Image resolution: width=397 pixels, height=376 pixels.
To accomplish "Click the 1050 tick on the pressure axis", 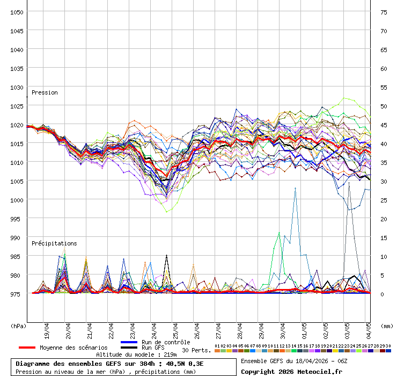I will pos(16,12).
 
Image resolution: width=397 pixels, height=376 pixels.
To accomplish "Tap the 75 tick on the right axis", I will pos(384,12).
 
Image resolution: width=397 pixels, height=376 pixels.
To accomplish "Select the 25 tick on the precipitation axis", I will pos(384,200).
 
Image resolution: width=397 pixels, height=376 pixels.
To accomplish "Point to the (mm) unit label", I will pos(387,326).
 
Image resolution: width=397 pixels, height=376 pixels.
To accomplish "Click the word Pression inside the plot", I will pos(45,92).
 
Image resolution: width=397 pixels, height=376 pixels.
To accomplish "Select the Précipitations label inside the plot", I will pos(54,243).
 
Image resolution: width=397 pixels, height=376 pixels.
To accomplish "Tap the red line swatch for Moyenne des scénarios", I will pos(27,348).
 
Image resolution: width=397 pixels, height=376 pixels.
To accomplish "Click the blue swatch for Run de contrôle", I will pos(129,342).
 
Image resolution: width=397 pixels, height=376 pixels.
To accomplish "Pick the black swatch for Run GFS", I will pos(129,348).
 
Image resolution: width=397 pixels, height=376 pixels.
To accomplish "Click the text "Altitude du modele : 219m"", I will pos(136,355).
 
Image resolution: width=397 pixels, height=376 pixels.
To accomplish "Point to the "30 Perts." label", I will pos(196,350).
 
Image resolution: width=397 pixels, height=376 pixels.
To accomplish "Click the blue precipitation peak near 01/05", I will pos(295,189).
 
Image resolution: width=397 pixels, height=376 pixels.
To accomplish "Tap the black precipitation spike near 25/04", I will pos(166,256).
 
